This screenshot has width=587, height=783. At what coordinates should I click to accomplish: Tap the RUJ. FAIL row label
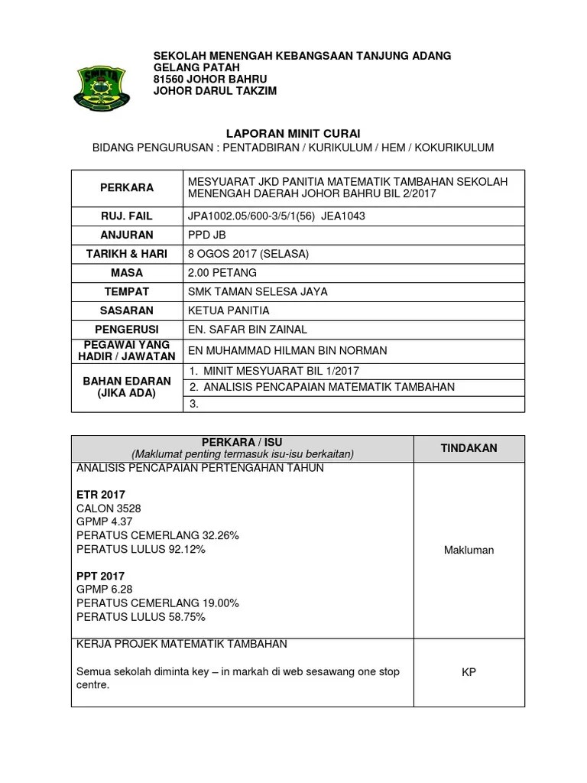(x=127, y=216)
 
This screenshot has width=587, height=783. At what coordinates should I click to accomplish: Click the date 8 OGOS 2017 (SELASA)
(x=248, y=254)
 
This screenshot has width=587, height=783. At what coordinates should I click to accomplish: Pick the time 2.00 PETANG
(x=222, y=272)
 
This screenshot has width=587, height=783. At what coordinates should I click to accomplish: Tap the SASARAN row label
(x=127, y=310)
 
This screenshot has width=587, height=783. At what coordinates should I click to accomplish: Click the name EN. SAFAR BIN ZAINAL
(x=247, y=330)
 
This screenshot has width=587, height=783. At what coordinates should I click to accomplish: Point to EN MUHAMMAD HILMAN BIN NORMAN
(x=287, y=351)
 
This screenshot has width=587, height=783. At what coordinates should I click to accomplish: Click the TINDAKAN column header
(x=469, y=448)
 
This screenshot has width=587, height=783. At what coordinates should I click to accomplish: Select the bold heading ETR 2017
(x=101, y=495)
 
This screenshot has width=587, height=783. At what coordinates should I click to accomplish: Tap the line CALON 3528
(x=109, y=508)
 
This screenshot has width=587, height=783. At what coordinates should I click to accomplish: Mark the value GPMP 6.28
(x=105, y=590)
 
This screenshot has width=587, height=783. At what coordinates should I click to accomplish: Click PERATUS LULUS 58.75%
(x=141, y=617)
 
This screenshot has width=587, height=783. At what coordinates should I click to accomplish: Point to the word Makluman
(x=469, y=550)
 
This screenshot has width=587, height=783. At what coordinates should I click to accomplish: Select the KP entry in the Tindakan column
(x=469, y=673)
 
